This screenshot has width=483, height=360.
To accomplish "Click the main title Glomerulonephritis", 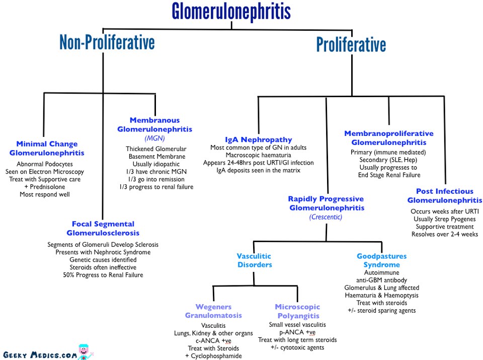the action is [x=231, y=12].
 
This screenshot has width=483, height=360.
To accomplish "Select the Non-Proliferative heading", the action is [x=107, y=42].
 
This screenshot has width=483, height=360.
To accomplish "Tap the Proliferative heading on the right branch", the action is [x=351, y=44].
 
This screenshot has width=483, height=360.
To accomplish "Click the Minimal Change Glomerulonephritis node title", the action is [x=47, y=148].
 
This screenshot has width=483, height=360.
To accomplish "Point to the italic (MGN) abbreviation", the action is [x=154, y=138].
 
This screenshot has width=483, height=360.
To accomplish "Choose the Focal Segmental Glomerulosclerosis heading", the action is [x=103, y=229].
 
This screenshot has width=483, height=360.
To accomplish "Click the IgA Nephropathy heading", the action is [x=259, y=139].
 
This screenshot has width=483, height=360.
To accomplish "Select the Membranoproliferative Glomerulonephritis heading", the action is [x=389, y=138].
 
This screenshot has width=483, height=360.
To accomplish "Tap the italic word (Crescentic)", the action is [x=326, y=217].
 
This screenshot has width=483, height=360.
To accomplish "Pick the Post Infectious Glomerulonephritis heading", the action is [x=444, y=196].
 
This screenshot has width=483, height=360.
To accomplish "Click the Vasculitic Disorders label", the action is [x=255, y=260].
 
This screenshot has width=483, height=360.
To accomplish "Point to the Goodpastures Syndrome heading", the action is [x=382, y=260].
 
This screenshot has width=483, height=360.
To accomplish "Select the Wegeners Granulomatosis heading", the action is [x=213, y=311].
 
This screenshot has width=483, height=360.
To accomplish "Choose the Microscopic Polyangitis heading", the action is [x=297, y=311].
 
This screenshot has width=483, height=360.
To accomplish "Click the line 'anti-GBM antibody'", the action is [x=382, y=280].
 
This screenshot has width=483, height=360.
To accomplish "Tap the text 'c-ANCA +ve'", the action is [x=213, y=340].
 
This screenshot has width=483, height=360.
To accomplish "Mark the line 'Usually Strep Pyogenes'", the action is [x=444, y=219].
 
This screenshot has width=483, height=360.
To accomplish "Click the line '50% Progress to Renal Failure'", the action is [x=103, y=275].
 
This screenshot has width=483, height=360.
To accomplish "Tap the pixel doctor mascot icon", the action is [x=85, y=352].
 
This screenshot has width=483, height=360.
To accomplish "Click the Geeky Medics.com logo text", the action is [x=40, y=355].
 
